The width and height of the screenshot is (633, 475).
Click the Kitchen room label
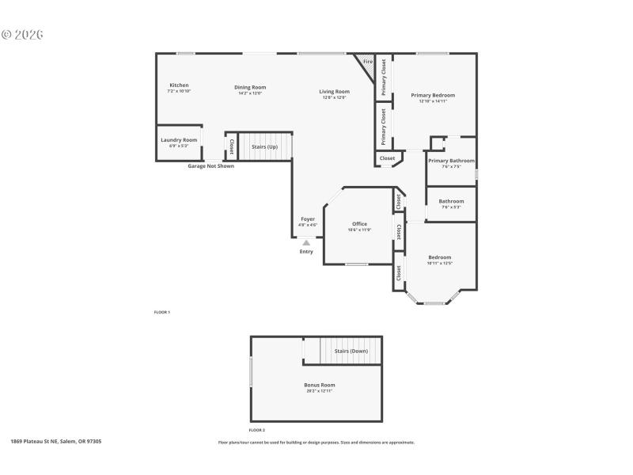pyautogui.click(x=179, y=85)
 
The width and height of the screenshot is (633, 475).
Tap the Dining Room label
pyautogui.click(x=250, y=87)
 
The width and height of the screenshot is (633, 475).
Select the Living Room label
pyautogui.click(x=335, y=91)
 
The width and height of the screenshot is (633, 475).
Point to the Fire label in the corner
pyautogui.click(x=367, y=62)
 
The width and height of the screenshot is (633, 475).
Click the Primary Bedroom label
pyautogui.click(x=433, y=95)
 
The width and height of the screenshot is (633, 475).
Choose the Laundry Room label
pyautogui.click(x=179, y=139)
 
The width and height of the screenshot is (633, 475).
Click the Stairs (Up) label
pyautogui.click(x=264, y=146)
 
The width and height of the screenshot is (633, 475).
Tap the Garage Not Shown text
pyautogui.click(x=210, y=166)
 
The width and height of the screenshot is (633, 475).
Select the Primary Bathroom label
pyautogui.click(x=451, y=161)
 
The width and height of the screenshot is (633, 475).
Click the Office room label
pyautogui.click(x=359, y=224)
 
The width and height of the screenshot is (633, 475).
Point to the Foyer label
pyautogui.click(x=308, y=218)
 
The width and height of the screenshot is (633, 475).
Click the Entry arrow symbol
pyautogui.click(x=306, y=244)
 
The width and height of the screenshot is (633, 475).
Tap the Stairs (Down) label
pyautogui.click(x=351, y=350)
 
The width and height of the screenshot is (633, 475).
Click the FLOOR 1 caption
pyautogui.click(x=161, y=312)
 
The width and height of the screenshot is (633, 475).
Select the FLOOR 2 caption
pyautogui.click(x=256, y=429)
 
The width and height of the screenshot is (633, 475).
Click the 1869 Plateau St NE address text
pyautogui.click(x=56, y=441)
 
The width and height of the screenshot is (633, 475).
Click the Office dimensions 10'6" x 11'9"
pyautogui.click(x=359, y=230)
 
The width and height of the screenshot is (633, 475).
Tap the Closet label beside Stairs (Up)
pyautogui.click(x=231, y=146)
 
